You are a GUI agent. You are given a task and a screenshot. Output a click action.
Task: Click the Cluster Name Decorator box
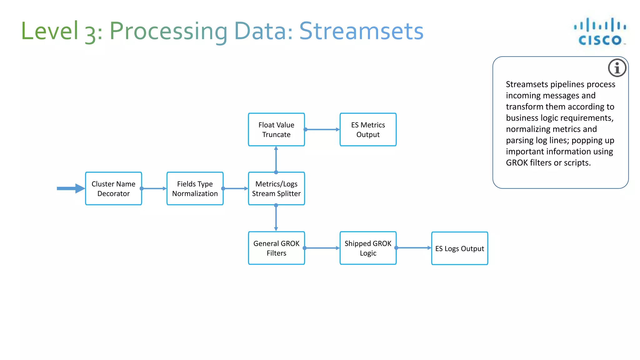point(113,188)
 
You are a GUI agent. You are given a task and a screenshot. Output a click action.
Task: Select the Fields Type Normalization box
point(195,188)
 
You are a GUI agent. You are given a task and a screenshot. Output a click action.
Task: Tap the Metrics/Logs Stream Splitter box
point(276,188)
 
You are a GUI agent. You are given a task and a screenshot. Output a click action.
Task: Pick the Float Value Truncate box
point(276,129)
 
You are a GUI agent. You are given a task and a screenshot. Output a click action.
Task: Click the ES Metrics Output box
point(368,129)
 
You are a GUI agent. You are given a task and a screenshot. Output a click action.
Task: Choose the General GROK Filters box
point(276,248)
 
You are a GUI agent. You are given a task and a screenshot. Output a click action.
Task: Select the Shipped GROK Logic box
point(368,248)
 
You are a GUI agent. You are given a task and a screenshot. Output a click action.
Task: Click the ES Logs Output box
point(459,248)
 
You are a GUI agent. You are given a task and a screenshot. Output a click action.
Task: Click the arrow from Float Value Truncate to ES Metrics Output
point(322,129)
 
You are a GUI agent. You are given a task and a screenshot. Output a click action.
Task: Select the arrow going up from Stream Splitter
point(276,159)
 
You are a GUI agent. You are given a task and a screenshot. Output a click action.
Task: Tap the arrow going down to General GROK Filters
point(276,218)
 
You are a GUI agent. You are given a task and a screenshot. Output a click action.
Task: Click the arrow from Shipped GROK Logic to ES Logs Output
point(414,248)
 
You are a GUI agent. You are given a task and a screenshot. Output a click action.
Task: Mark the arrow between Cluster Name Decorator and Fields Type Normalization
point(154,188)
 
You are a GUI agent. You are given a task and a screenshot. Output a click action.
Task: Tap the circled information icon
point(617,68)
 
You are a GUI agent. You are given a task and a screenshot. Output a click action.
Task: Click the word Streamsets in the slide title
point(361,31)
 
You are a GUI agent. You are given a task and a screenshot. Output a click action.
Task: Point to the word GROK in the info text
point(517,163)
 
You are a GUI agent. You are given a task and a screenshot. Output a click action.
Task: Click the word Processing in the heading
point(168,31)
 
